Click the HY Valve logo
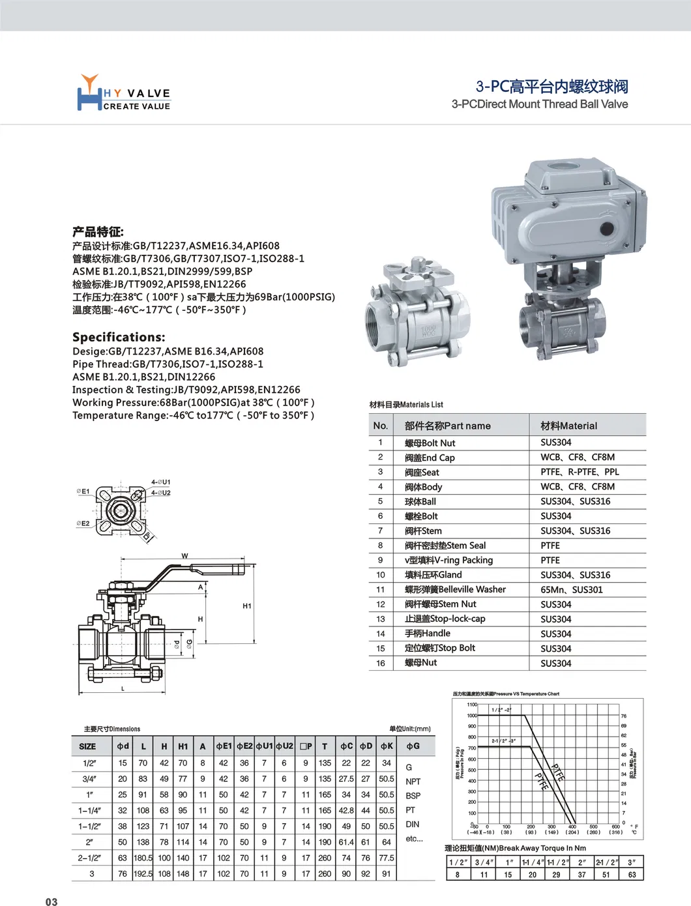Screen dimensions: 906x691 tap(123, 93)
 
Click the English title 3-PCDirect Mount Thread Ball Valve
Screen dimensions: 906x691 tap(539, 104)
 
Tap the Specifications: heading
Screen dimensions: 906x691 tap(119, 337)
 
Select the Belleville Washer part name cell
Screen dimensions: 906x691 tap(455, 589)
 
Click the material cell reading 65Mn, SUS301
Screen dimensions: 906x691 tap(571, 589)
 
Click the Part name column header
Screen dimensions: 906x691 tap(447, 426)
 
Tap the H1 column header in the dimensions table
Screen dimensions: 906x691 tap(183, 746)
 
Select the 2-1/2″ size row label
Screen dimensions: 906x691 tap(90, 858)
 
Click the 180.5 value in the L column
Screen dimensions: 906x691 tap(143, 858)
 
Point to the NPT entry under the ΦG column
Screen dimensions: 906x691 tap(413, 782)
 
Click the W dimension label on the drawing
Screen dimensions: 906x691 tap(184, 556)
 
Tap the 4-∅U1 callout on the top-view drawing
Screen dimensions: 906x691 tap(160, 482)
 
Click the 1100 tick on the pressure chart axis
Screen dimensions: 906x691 tap(472, 704)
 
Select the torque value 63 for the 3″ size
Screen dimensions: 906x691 tap(632, 875)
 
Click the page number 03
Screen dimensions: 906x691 tap(51, 901)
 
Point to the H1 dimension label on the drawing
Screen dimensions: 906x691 tap(247, 606)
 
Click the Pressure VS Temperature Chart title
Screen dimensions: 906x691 tap(506, 694)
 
